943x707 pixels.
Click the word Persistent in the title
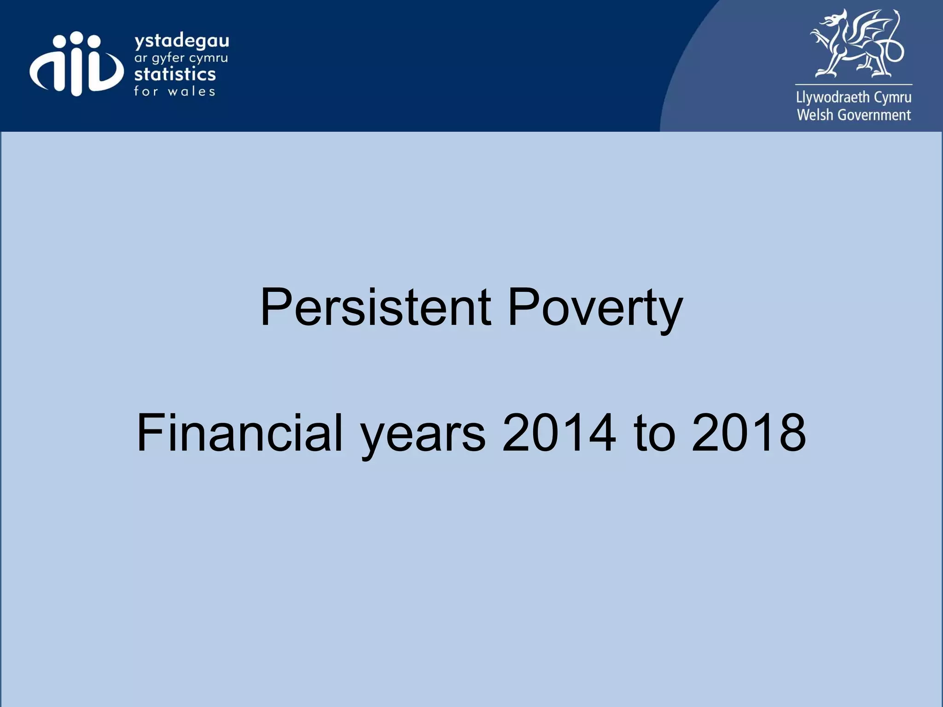375,307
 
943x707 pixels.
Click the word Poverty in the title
595,307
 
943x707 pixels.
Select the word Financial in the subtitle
239,433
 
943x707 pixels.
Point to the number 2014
559,433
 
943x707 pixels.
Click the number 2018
749,433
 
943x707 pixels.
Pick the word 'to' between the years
654,433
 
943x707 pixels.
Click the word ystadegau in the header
181,41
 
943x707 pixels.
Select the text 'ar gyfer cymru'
181,58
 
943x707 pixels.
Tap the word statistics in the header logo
175,74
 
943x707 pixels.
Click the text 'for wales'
175,91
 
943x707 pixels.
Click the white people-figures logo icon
76,64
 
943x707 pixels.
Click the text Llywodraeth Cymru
854,98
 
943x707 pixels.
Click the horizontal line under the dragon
854,85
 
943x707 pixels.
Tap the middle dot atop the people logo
77,38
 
